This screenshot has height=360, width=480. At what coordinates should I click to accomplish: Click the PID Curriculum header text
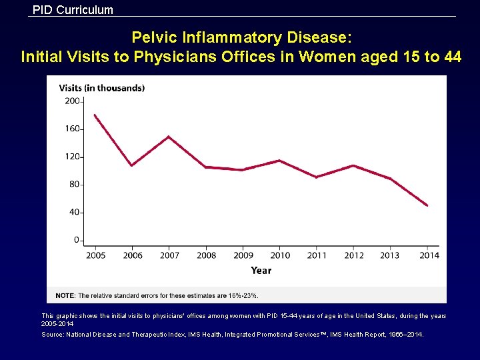[x=73, y=10]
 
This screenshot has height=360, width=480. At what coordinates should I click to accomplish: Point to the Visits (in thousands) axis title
[x=101, y=88]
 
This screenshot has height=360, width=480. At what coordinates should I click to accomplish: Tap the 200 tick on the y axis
[x=71, y=101]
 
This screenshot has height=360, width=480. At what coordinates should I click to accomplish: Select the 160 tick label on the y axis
[x=71, y=129]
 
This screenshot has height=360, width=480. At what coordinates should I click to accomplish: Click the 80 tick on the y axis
[x=73, y=185]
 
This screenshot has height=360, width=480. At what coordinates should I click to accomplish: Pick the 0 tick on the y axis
[x=76, y=240]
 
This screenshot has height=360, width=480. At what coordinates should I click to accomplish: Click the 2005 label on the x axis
[x=95, y=255]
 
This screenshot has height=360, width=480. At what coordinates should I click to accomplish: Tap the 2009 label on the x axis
[x=243, y=255]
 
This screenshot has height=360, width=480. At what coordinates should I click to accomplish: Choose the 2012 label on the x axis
[x=354, y=255]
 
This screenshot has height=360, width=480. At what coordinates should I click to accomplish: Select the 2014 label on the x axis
[x=429, y=255]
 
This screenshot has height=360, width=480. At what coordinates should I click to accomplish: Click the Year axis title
[x=261, y=270]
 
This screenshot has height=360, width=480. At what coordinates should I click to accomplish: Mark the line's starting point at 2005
[x=95, y=115]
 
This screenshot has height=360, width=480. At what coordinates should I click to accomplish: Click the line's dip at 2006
[x=132, y=165]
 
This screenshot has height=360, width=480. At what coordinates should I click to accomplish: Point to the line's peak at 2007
[x=169, y=137]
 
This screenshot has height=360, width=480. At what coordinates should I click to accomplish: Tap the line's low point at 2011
[x=317, y=177]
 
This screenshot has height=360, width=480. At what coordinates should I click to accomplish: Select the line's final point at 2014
[x=427, y=205]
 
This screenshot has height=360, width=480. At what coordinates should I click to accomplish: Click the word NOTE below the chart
[x=65, y=295]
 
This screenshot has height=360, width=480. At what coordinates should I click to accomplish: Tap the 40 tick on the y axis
[x=73, y=213]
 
